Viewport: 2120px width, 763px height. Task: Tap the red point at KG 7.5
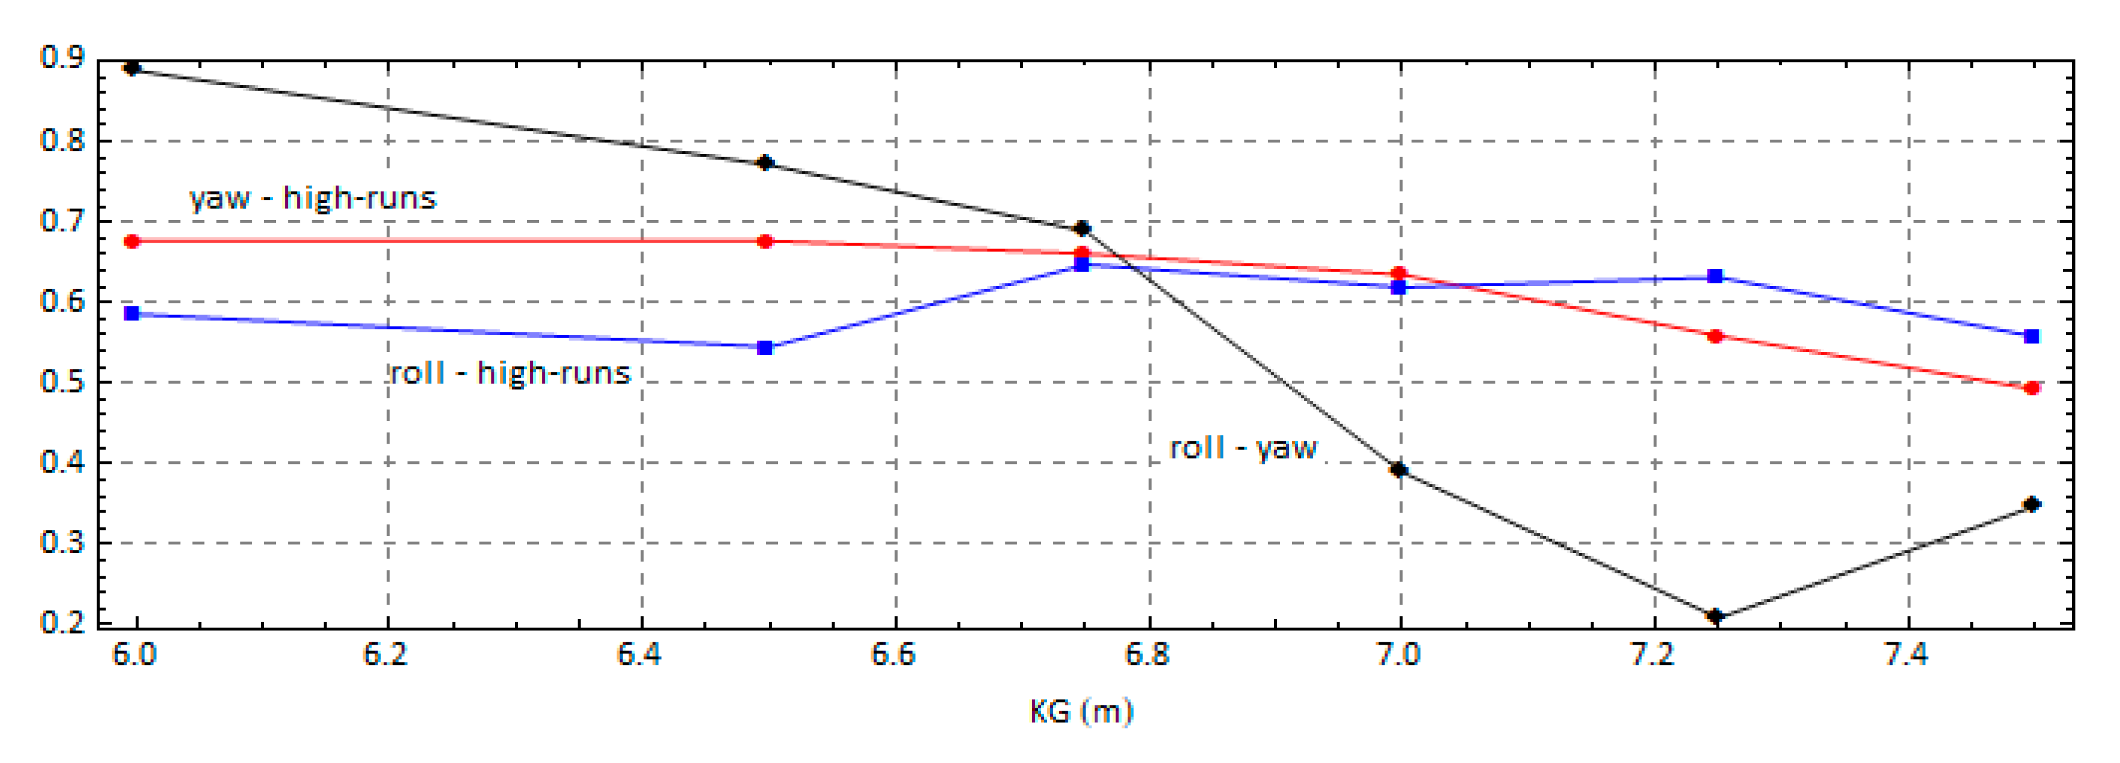[2032, 388]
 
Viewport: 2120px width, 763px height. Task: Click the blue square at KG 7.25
[1715, 276]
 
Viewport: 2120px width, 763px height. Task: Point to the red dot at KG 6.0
[131, 241]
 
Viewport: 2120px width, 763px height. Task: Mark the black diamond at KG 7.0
[1398, 470]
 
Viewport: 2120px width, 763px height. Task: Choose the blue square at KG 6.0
[131, 313]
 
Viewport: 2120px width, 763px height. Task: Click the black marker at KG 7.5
[2032, 504]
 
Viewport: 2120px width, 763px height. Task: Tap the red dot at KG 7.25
[1715, 336]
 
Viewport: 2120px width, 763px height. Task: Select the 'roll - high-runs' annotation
[510, 373]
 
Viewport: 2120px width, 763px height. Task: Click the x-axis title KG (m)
[1081, 711]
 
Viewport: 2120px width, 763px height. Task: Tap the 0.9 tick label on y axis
[62, 58]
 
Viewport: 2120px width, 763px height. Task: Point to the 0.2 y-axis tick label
[62, 623]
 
